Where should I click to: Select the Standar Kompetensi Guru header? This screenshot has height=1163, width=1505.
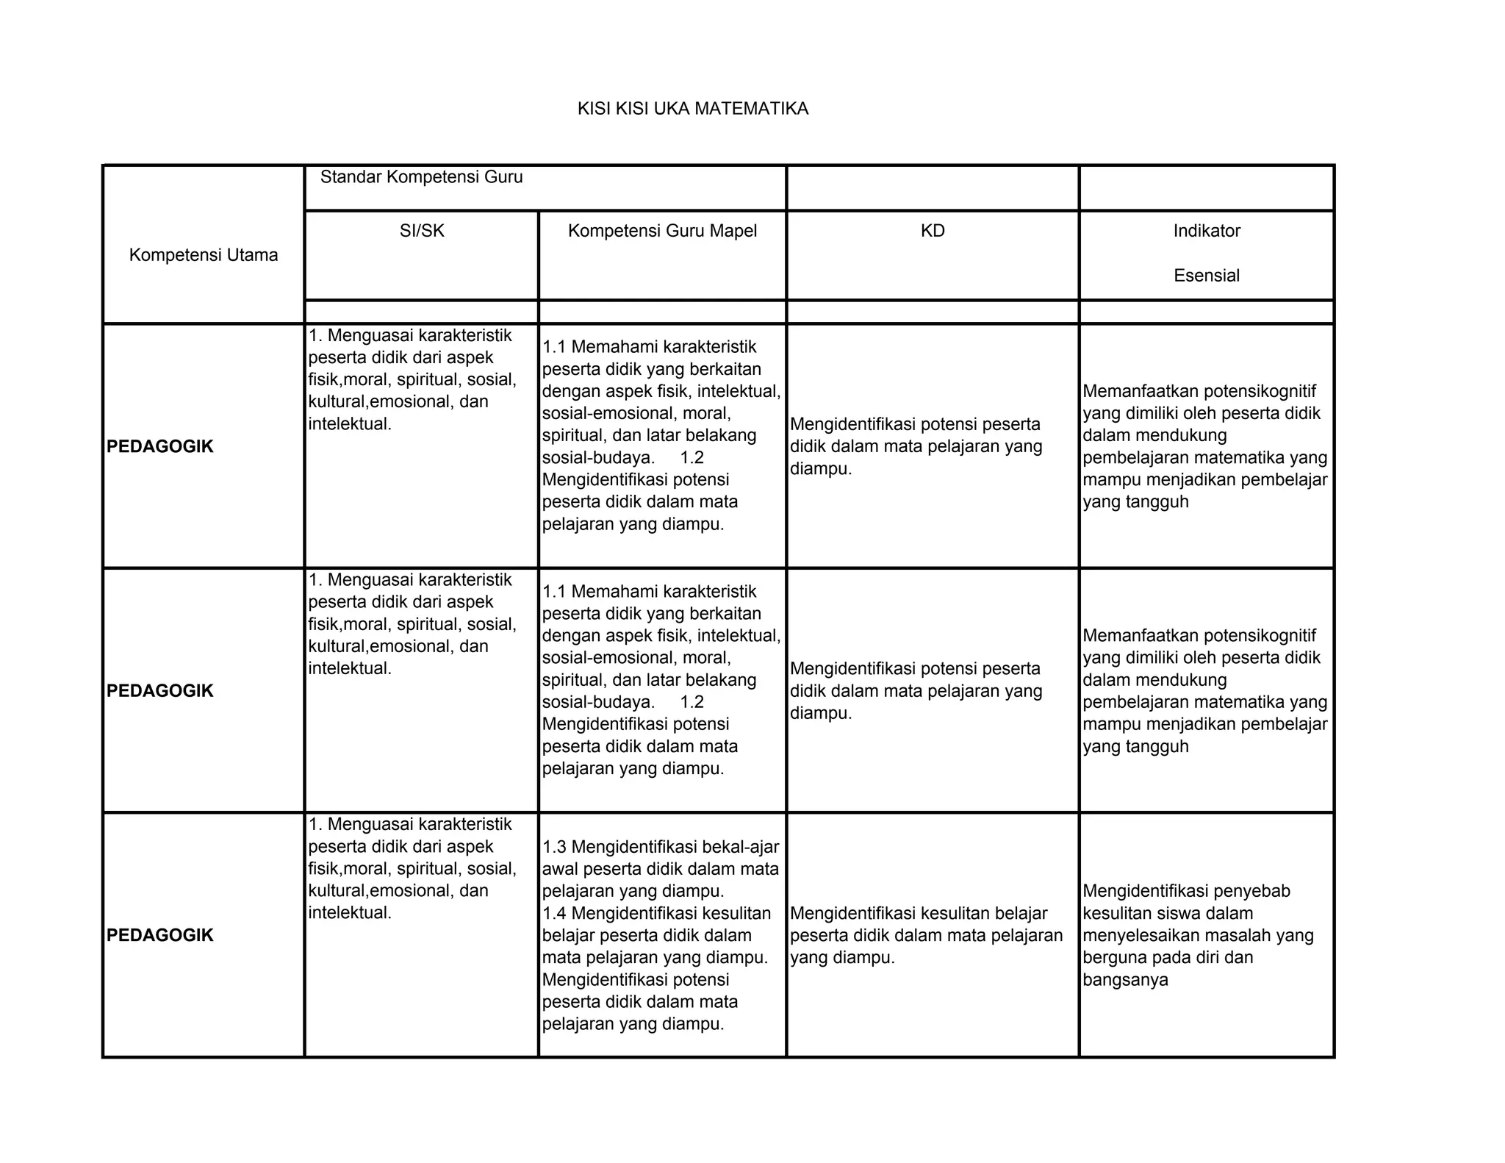421,177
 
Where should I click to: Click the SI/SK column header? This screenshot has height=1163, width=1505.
422,231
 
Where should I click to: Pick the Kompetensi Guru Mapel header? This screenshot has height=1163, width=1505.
662,231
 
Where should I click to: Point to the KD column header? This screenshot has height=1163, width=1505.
933,231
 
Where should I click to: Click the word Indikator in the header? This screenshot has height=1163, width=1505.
1207,231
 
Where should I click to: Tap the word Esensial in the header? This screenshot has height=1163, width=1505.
1207,276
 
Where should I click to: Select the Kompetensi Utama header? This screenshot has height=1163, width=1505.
204,255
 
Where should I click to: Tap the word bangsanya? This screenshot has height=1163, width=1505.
1125,980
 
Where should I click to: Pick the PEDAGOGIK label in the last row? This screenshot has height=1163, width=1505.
160,935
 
